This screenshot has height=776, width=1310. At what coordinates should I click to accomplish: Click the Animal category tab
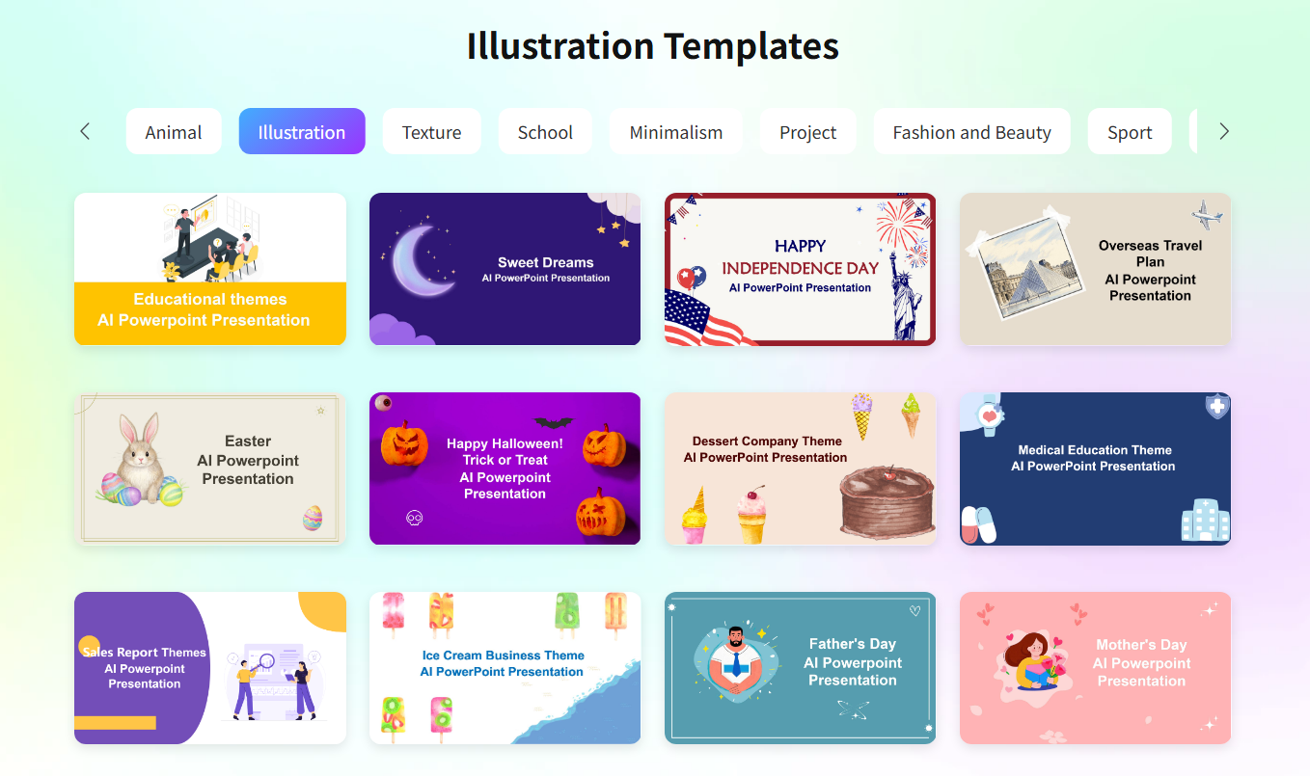[174, 132]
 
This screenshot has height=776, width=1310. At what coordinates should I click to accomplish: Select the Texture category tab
[431, 132]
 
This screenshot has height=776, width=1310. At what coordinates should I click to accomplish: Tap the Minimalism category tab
[675, 132]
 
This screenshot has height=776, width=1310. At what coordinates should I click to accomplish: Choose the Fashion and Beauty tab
[971, 132]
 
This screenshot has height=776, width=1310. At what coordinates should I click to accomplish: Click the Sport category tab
[1130, 132]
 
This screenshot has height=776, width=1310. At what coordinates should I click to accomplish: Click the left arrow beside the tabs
[85, 131]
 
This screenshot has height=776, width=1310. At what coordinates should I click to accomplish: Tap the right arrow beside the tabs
[1224, 131]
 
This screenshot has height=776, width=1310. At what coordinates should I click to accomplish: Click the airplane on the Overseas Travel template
[1206, 214]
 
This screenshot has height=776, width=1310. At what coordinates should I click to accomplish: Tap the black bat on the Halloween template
[553, 422]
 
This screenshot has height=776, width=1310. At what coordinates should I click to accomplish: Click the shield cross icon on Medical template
[1217, 407]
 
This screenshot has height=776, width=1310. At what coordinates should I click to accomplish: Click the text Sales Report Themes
[145, 653]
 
